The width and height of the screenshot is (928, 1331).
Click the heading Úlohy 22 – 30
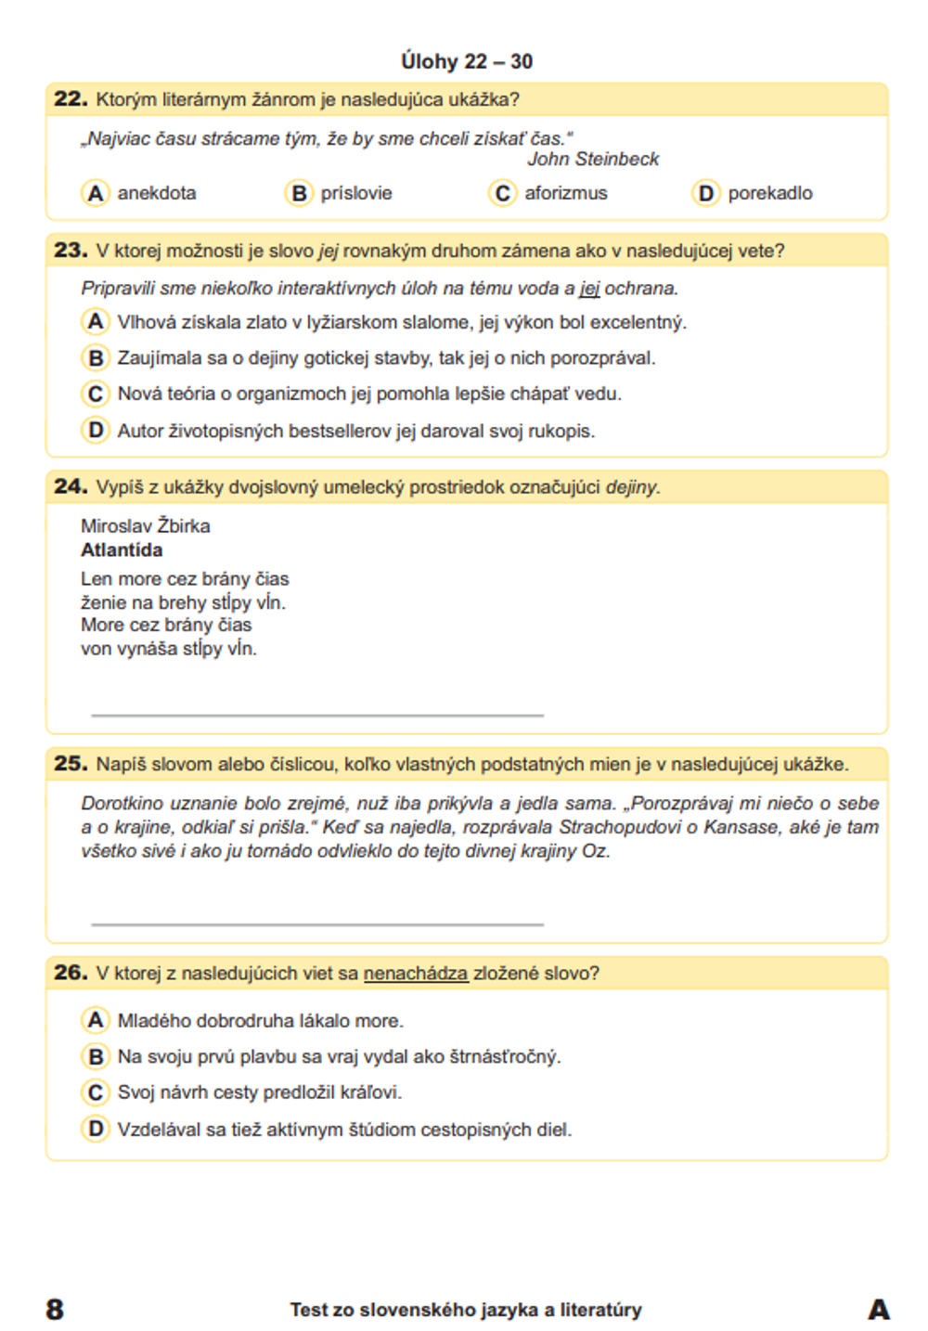[466, 61]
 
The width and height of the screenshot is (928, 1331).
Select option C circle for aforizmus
[502, 193]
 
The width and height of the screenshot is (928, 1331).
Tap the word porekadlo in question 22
[769, 193]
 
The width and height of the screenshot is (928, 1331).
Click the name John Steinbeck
[593, 159]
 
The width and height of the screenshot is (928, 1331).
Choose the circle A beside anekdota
[95, 193]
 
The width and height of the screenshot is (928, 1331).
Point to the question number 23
[71, 250]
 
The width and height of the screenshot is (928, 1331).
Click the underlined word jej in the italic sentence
[589, 289]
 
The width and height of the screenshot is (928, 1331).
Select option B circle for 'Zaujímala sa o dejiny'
[95, 358]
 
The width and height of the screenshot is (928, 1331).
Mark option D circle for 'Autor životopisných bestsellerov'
[95, 431]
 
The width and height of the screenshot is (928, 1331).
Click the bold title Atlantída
[122, 550]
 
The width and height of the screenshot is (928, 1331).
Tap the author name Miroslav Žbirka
[146, 526]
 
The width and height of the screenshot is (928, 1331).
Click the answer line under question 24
[317, 715]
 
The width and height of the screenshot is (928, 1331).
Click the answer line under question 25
[317, 924]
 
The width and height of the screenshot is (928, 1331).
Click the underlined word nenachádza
[415, 974]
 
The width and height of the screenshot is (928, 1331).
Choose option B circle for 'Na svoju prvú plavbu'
[95, 1056]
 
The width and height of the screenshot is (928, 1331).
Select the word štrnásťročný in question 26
[505, 1056]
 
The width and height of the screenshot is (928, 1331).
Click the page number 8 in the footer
[55, 1310]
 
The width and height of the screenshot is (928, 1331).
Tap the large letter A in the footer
[878, 1310]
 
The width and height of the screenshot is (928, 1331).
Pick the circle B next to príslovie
[298, 193]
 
